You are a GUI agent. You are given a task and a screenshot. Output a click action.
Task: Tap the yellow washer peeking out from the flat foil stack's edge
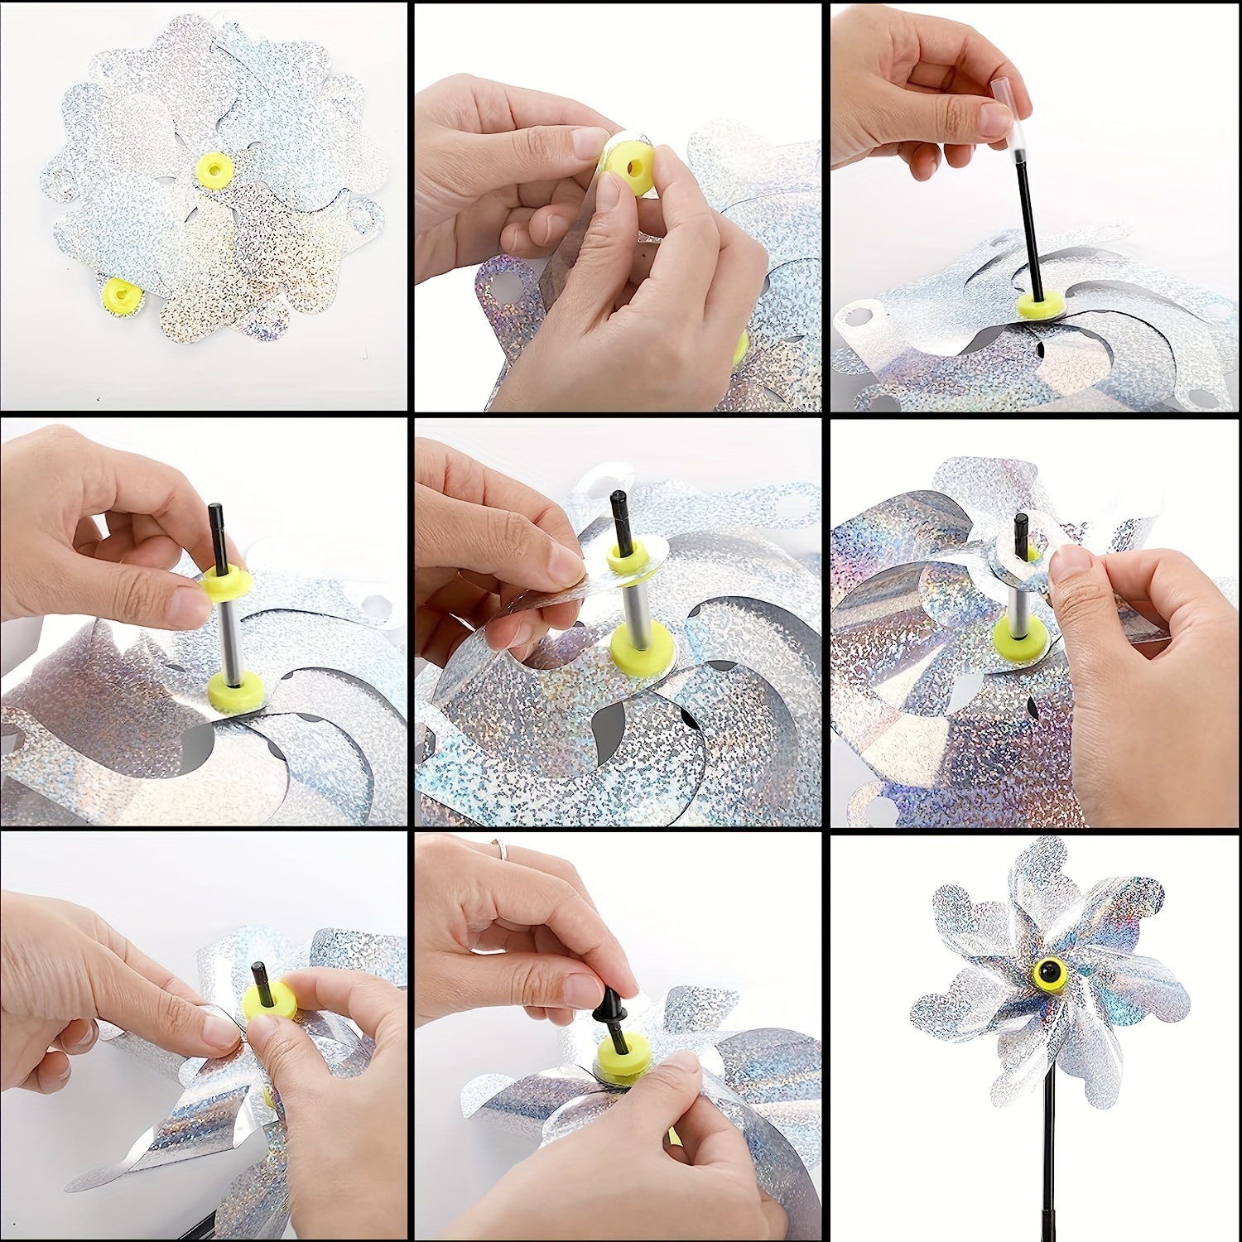tap(120, 292)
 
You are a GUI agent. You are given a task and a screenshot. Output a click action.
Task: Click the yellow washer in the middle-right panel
tap(1024, 633)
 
